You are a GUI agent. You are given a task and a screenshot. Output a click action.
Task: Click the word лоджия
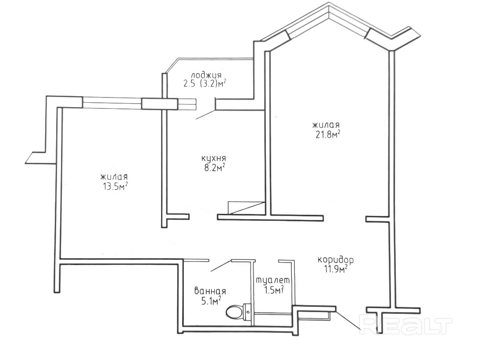pyautogui.click(x=206, y=75)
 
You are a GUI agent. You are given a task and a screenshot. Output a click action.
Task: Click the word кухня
pyautogui.click(x=214, y=158)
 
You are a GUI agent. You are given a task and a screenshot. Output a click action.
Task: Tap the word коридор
pyautogui.click(x=336, y=260)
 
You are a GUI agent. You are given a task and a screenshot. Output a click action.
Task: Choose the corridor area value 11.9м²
pyautogui.click(x=334, y=269)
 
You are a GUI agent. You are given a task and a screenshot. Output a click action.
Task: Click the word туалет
pyautogui.click(x=273, y=281)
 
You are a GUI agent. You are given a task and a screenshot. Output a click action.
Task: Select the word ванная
pyautogui.click(x=210, y=291)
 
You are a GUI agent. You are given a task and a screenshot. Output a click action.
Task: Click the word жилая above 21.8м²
pyautogui.click(x=326, y=125)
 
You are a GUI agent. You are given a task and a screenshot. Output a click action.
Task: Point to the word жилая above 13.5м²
pyautogui.click(x=114, y=177)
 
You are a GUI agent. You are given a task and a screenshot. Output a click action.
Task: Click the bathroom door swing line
pyautogui.click(x=221, y=266)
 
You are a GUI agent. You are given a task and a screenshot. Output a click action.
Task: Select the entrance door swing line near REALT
pyautogui.click(x=349, y=320)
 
